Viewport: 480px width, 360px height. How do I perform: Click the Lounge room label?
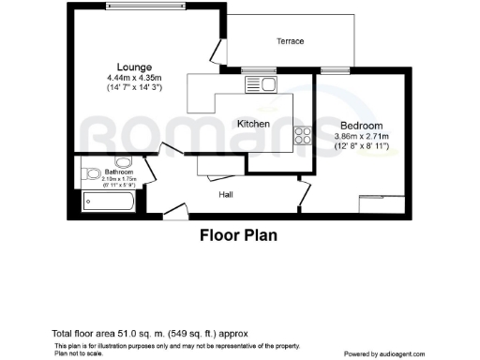pyautogui.click(x=121, y=66)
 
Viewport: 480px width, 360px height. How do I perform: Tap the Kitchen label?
pyautogui.click(x=253, y=124)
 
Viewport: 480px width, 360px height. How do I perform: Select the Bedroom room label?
pyautogui.click(x=361, y=126)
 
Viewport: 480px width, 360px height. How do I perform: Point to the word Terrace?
pyautogui.click(x=290, y=41)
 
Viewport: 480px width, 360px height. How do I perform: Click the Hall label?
pyautogui.click(x=226, y=195)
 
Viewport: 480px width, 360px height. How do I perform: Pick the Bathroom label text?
pyautogui.click(x=119, y=172)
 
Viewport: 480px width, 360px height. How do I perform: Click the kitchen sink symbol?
pyautogui.click(x=260, y=85)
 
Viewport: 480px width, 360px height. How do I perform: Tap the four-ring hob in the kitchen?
pyautogui.click(x=304, y=136)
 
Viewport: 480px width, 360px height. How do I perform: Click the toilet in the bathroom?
pyautogui.click(x=91, y=174)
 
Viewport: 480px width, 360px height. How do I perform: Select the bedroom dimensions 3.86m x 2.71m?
pyautogui.click(x=362, y=137)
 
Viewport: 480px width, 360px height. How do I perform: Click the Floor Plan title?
pyautogui.click(x=238, y=235)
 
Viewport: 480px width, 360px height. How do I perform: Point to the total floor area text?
pyautogui.click(x=151, y=334)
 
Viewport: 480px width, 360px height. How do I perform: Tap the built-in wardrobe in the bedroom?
pyautogui.click(x=382, y=198)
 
